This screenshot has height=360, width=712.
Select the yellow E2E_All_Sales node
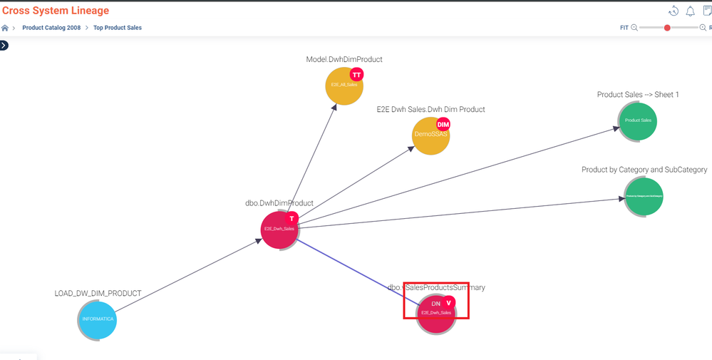tap(344, 86)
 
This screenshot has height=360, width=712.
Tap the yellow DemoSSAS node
tap(430, 135)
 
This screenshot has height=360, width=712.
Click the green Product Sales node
tap(638, 121)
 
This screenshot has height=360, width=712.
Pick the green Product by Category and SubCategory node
tap(644, 197)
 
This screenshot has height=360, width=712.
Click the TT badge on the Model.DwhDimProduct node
tap(356, 75)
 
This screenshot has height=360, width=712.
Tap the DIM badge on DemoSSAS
tap(443, 124)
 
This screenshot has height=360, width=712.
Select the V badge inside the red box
tap(449, 303)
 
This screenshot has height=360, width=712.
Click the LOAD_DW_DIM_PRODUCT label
tap(98, 294)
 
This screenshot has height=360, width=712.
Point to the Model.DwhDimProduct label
tap(344, 60)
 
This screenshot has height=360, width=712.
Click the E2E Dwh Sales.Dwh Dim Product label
tap(430, 110)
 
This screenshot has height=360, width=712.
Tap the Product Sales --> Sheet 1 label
tap(638, 95)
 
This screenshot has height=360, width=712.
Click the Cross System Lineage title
tap(56, 11)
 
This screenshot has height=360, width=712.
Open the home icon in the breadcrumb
tap(5, 28)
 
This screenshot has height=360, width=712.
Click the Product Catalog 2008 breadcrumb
tap(51, 28)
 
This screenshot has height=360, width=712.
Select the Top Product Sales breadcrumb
tap(118, 28)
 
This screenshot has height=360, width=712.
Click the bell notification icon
tap(690, 11)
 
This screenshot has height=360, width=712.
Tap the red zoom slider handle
tap(667, 28)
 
